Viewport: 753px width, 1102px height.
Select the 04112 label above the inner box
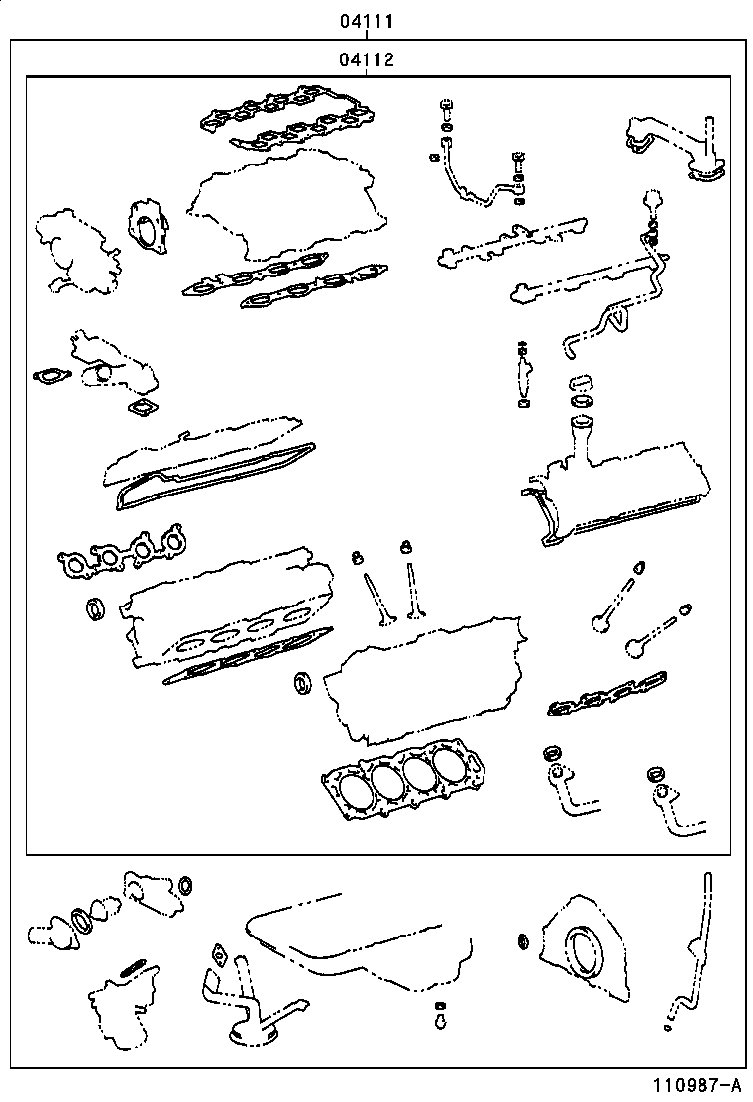pyautogui.click(x=368, y=59)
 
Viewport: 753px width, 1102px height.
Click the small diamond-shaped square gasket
pyautogui.click(x=141, y=408)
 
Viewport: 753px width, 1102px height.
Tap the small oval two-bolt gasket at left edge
pyautogui.click(x=46, y=376)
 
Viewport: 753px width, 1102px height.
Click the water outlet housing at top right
pyautogui.click(x=674, y=149)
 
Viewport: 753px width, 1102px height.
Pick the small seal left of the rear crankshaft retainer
pyautogui.click(x=522, y=939)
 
